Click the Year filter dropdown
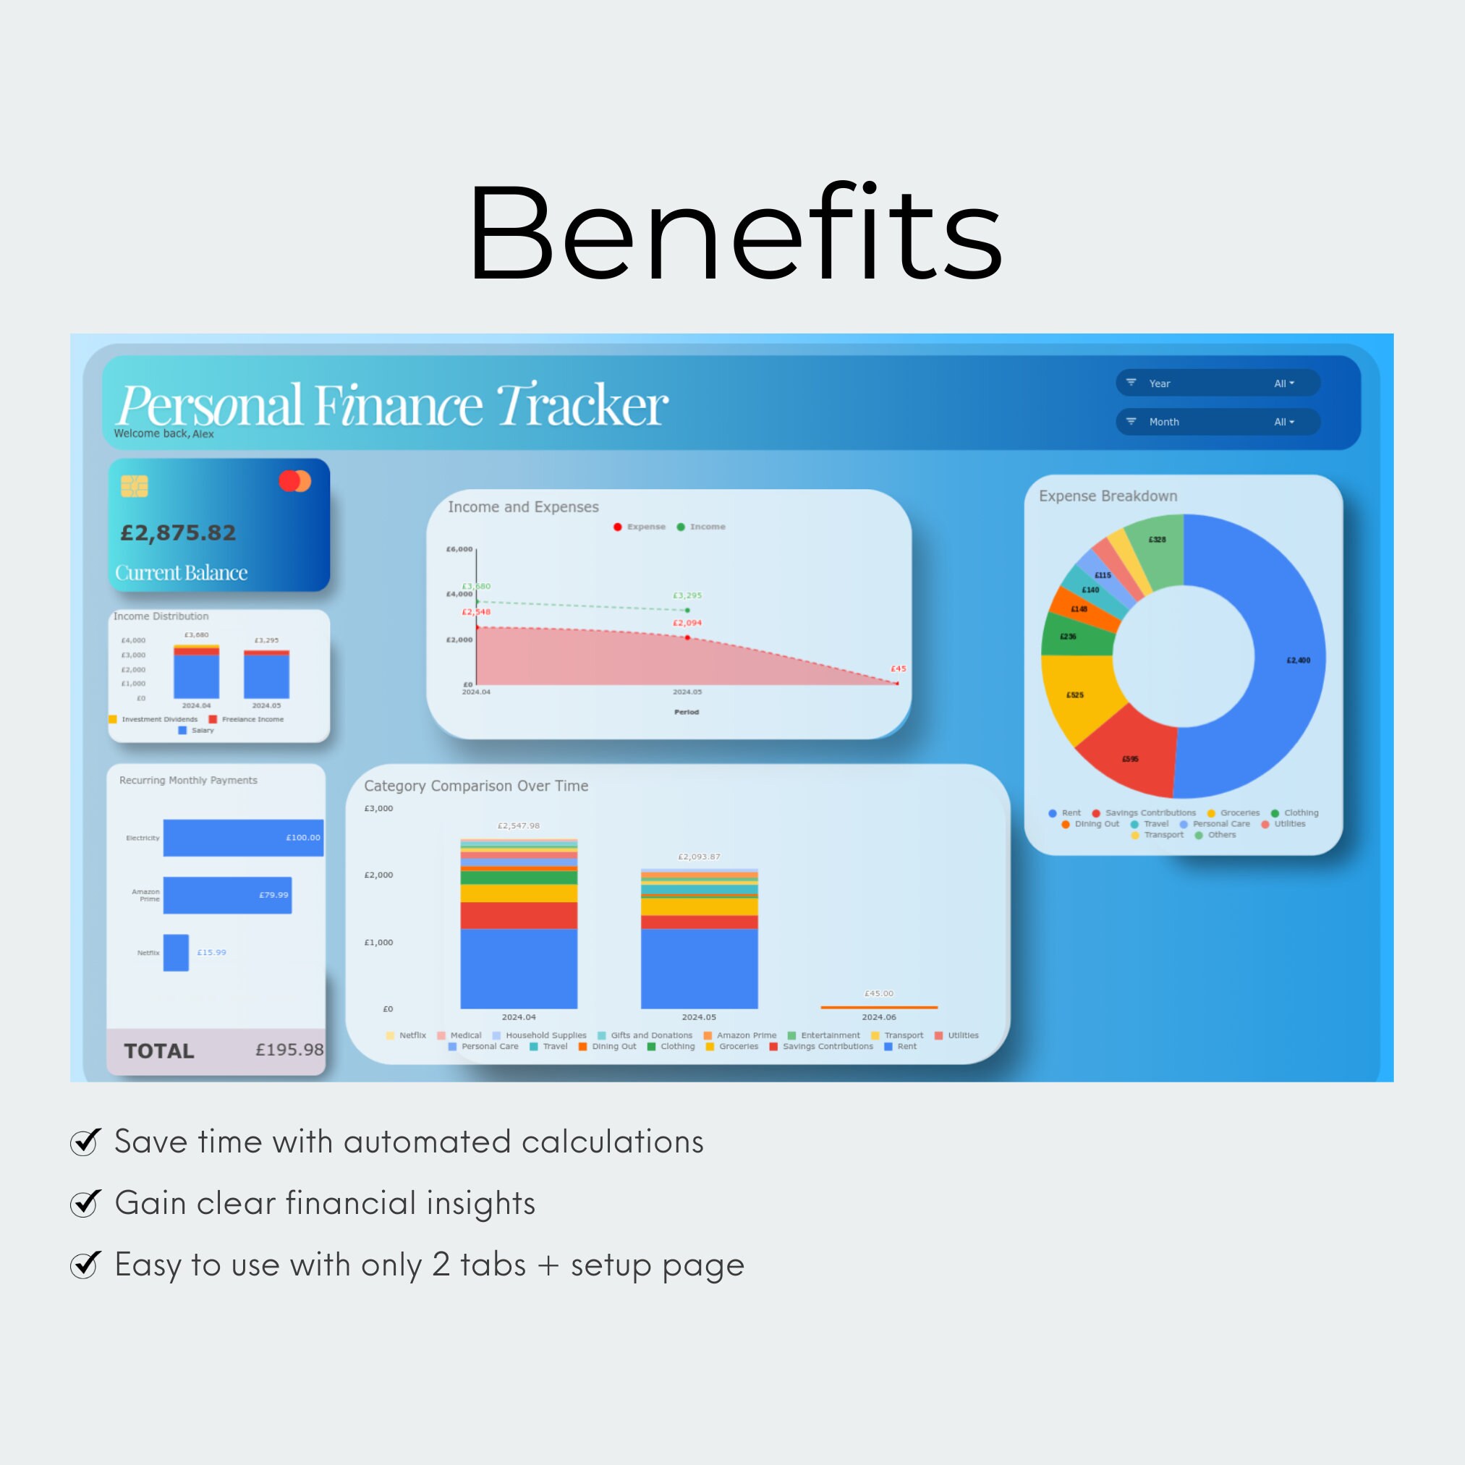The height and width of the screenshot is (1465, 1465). point(1217,383)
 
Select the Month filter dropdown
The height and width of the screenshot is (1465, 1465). point(1217,422)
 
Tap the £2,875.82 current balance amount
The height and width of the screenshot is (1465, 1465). point(178,533)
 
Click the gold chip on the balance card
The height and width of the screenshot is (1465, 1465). point(135,486)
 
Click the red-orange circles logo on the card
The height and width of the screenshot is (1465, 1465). point(295,481)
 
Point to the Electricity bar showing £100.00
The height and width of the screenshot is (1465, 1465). point(242,837)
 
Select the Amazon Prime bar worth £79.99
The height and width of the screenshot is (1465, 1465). point(226,895)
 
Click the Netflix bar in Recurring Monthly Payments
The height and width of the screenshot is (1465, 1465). point(176,952)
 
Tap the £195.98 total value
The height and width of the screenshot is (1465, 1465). point(289,1050)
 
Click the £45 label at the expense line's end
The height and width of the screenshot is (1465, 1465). point(898,668)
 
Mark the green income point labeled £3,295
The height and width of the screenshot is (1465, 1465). point(688,611)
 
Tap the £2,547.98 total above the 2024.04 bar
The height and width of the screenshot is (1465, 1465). point(519,825)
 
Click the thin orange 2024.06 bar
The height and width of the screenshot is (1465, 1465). point(879,1007)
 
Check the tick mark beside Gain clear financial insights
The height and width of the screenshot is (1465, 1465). point(85,1202)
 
